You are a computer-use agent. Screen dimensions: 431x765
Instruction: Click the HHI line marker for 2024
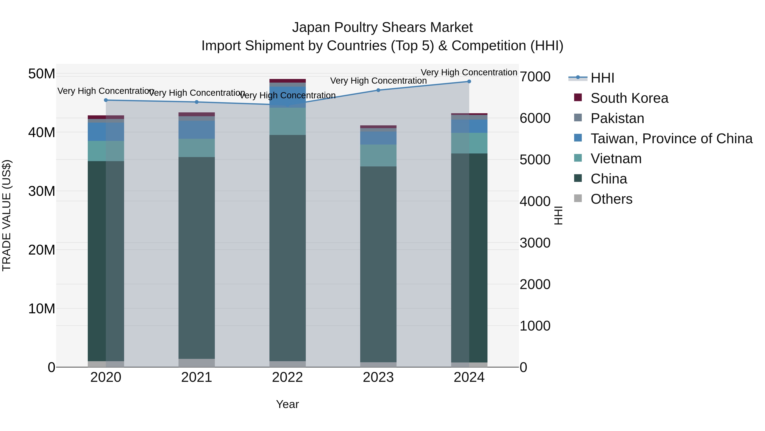[469, 82]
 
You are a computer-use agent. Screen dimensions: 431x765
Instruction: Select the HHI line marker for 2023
[378, 90]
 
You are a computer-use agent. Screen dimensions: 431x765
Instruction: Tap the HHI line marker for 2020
[106, 100]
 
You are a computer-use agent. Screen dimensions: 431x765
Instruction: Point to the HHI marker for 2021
[197, 102]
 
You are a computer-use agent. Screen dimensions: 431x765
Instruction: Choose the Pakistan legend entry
[617, 118]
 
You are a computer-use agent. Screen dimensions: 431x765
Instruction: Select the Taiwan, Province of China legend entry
[671, 139]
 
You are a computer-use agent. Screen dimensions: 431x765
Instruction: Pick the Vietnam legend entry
[616, 159]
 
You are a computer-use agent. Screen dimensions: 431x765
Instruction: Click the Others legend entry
[611, 199]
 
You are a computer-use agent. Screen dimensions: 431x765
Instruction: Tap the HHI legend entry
[602, 78]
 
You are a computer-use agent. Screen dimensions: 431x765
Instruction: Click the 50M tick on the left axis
[42, 74]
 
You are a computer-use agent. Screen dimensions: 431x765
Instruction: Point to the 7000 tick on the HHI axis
[535, 77]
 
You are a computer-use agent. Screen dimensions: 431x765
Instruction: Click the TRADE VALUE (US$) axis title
[7, 215]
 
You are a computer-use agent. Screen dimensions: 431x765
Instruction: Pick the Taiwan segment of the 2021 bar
[197, 130]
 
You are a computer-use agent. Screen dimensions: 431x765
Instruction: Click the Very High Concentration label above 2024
[469, 72]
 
